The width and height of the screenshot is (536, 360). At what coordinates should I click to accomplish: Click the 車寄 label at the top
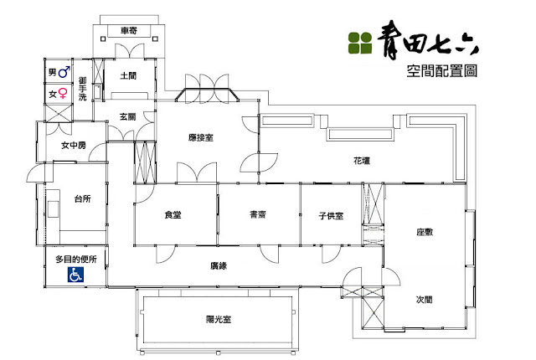[x=129, y=31]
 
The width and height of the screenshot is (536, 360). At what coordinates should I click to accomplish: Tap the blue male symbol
[x=64, y=72]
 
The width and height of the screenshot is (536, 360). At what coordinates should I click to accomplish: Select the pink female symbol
[x=63, y=93]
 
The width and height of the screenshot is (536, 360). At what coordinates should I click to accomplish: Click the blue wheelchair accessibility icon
[x=75, y=275]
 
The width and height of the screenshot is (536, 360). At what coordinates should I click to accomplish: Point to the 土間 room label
[x=128, y=75]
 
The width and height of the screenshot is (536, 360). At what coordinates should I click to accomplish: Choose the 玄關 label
[x=127, y=117]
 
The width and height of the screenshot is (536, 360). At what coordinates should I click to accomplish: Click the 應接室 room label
[x=201, y=137]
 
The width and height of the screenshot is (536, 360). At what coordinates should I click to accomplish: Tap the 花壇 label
[x=362, y=161]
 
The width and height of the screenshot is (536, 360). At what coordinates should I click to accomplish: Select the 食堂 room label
[x=173, y=215]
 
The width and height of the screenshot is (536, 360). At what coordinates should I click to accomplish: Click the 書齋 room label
[x=258, y=214]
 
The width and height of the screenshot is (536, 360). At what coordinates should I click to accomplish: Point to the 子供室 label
[x=331, y=216]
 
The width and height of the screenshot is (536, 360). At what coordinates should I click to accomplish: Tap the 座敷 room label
[x=425, y=232]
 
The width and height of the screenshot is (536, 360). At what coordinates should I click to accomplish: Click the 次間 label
[x=425, y=300]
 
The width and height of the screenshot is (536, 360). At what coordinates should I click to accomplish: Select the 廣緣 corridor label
[x=219, y=265]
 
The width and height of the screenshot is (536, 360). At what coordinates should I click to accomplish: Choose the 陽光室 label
[x=219, y=319]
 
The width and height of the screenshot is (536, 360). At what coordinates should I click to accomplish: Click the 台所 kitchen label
[x=83, y=198]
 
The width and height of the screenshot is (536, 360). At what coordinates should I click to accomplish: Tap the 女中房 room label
[x=74, y=146]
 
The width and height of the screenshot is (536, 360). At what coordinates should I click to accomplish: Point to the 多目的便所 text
[x=76, y=260]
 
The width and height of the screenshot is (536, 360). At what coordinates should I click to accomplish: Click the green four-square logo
[x=360, y=43]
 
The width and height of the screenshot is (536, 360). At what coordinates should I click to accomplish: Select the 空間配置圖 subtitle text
[x=441, y=71]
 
